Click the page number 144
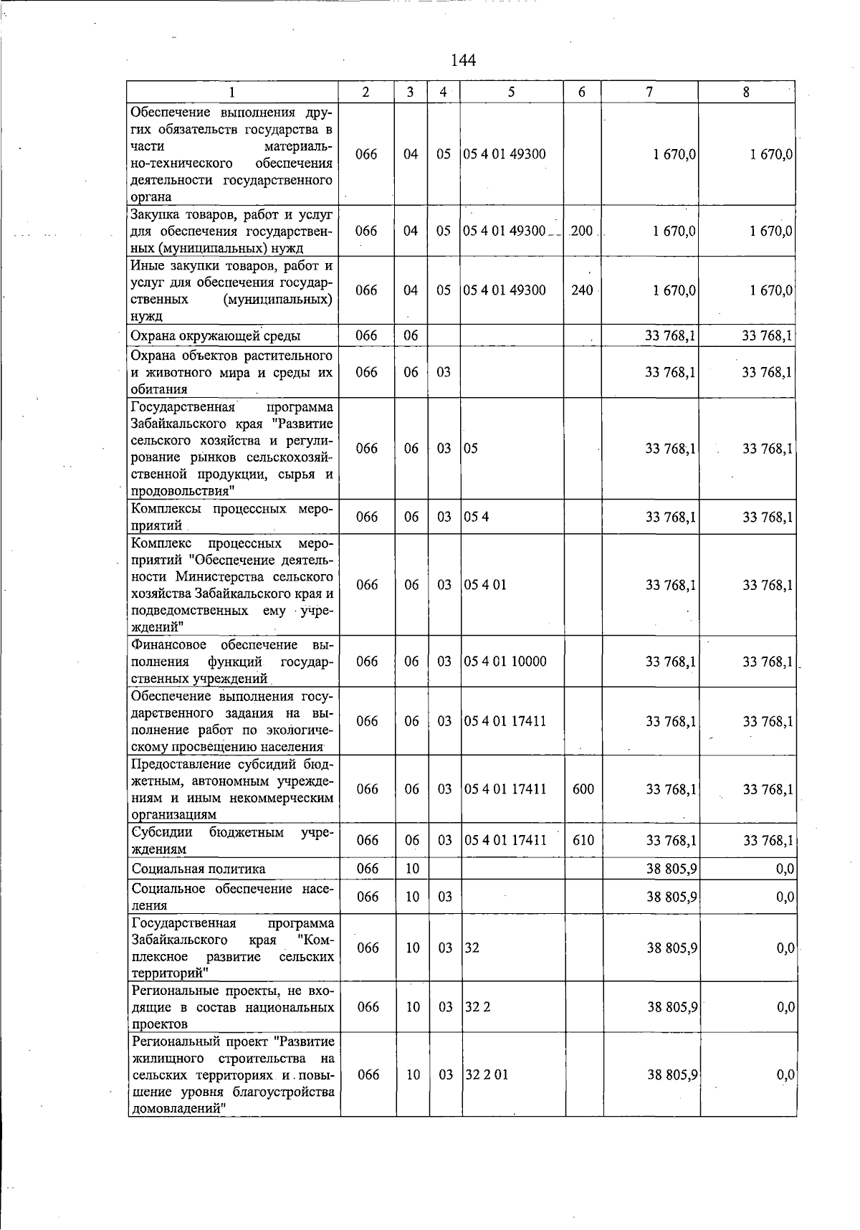pyautogui.click(x=463, y=60)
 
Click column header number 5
pyautogui.click(x=512, y=92)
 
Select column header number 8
pyautogui.click(x=746, y=92)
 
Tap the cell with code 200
pyautogui.click(x=582, y=231)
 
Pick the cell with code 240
pyautogui.click(x=582, y=290)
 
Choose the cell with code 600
pyautogui.click(x=583, y=789)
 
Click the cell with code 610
pyautogui.click(x=583, y=840)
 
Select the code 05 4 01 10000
pyautogui.click(x=505, y=661)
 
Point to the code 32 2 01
pyautogui.click(x=487, y=1074)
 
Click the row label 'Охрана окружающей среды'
pyautogui.click(x=216, y=335)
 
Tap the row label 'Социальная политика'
pyautogui.click(x=199, y=869)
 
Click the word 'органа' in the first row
pyautogui.click(x=151, y=197)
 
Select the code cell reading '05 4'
pyautogui.click(x=477, y=517)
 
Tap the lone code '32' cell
pyautogui.click(x=472, y=948)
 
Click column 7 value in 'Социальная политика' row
pyautogui.click(x=672, y=869)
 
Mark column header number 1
pyautogui.click(x=232, y=92)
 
